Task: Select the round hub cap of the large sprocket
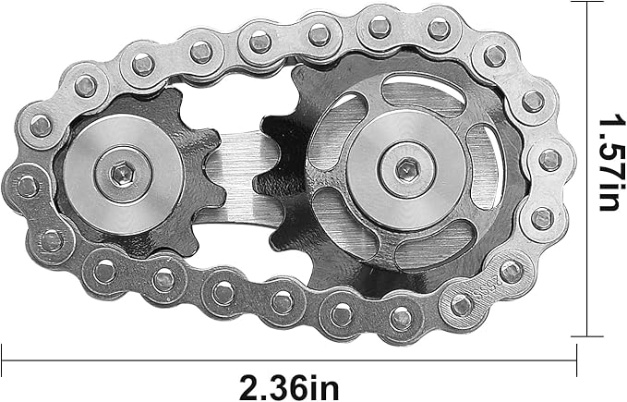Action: pyautogui.click(x=407, y=169)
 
